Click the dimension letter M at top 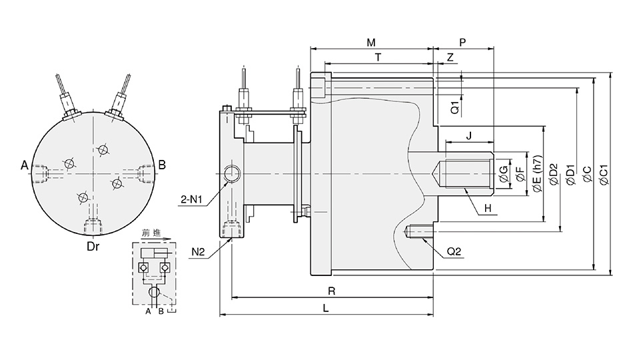coord(371,43)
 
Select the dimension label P coord(463,43)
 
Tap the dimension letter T coord(378,58)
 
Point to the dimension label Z coord(450,58)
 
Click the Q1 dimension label coord(454,105)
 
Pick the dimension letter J coord(469,136)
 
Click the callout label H coord(488,209)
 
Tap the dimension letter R coord(331,291)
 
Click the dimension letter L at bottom coord(325,309)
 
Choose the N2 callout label coord(198,251)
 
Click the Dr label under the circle coord(93,246)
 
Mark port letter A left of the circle coord(25,165)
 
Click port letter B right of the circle coord(162,165)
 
